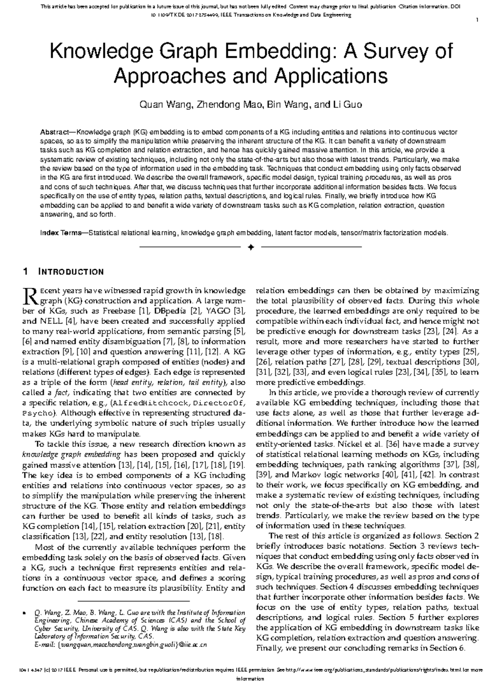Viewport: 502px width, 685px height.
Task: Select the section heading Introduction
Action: (x=71, y=272)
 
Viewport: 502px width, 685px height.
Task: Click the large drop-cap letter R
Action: (x=30, y=295)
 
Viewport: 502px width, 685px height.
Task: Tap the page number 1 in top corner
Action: (x=477, y=20)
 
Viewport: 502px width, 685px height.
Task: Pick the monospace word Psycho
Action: (x=36, y=413)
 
